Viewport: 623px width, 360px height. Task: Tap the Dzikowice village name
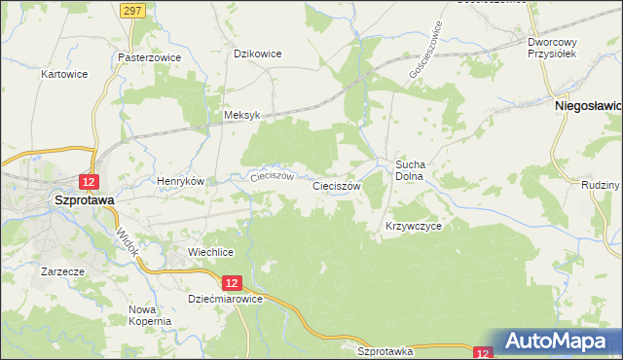pos(258,54)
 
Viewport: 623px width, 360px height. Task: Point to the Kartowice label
pos(65,74)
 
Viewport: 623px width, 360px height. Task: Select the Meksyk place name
pos(242,114)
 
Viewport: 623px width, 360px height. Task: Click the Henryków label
pos(180,181)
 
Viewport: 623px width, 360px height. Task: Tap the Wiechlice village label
pos(210,252)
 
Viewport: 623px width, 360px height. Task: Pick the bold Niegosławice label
pos(588,103)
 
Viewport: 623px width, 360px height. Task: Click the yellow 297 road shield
pos(134,9)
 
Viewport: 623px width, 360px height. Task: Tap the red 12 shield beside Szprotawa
pos(89,182)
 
